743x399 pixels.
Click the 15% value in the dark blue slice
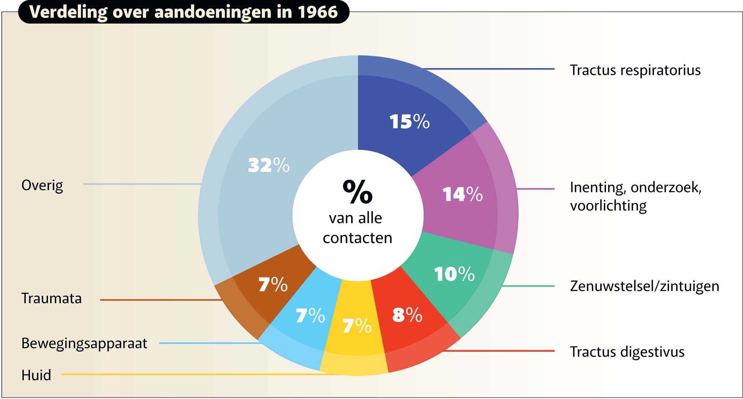[409, 121]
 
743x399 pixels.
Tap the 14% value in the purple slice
[462, 194]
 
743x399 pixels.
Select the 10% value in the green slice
[454, 274]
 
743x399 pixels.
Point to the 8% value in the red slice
[407, 315]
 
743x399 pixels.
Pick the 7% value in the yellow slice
[357, 326]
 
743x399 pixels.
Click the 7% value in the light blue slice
[310, 315]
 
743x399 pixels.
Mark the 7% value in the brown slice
[273, 284]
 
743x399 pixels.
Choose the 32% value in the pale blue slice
[269, 165]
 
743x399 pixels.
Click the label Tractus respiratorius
[635, 70]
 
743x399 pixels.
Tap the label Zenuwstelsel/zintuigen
[644, 286]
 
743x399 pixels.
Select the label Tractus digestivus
[627, 352]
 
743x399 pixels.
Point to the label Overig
[42, 185]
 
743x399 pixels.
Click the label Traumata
[51, 299]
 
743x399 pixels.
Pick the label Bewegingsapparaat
[84, 344]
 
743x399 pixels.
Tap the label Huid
[36, 375]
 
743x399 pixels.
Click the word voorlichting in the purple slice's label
[608, 206]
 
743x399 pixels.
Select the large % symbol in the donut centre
[357, 191]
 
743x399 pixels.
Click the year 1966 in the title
[317, 12]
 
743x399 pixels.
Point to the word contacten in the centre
[357, 238]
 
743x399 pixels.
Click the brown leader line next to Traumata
[161, 300]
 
